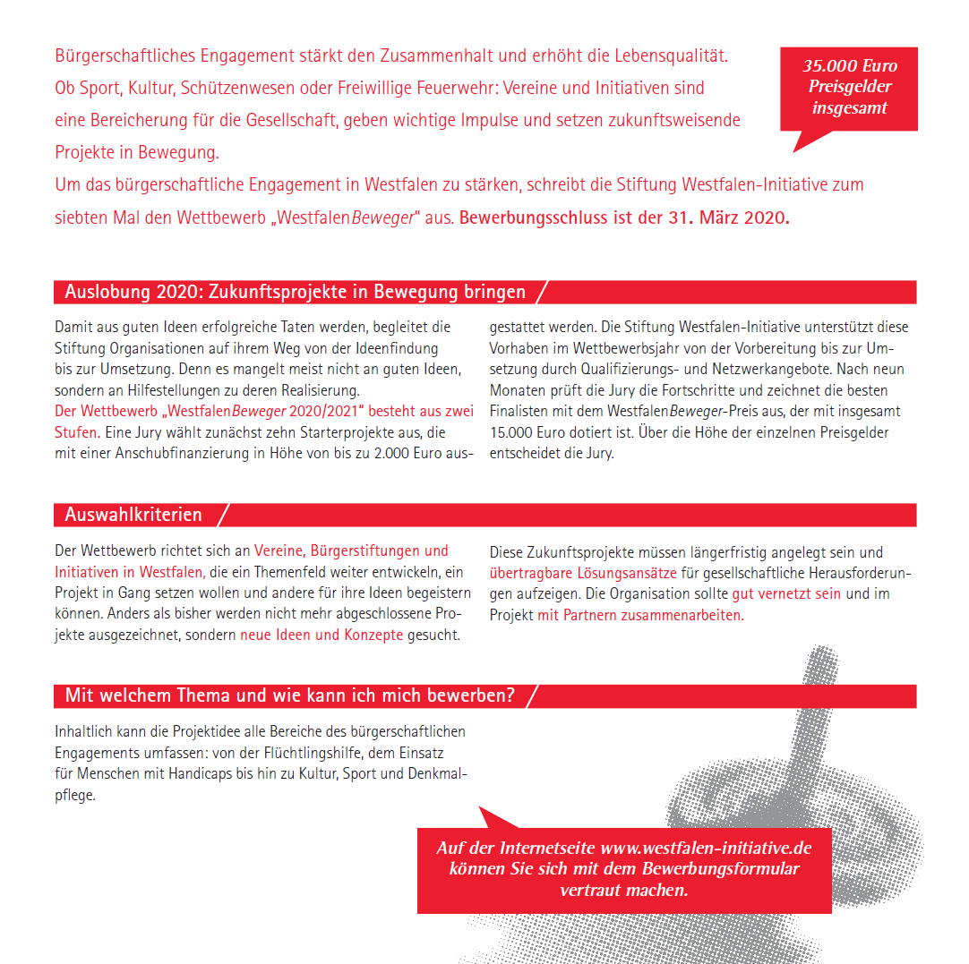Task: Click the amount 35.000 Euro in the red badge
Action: [850, 66]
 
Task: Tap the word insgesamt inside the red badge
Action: [850, 108]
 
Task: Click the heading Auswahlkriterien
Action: [133, 516]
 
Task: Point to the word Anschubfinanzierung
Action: [179, 454]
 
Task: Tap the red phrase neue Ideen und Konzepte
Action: [322, 636]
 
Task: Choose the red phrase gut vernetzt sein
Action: [786, 594]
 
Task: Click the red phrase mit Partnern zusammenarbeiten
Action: [640, 616]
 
